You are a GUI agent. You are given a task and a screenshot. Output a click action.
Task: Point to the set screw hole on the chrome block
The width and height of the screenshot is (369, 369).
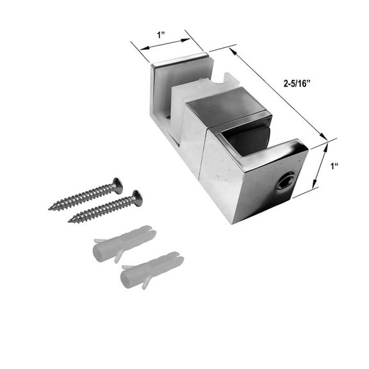point(282,184)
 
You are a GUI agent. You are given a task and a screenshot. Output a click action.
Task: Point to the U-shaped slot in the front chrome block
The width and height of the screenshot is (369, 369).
point(247,138)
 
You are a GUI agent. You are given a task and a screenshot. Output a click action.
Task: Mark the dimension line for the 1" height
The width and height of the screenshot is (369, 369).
point(323,165)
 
